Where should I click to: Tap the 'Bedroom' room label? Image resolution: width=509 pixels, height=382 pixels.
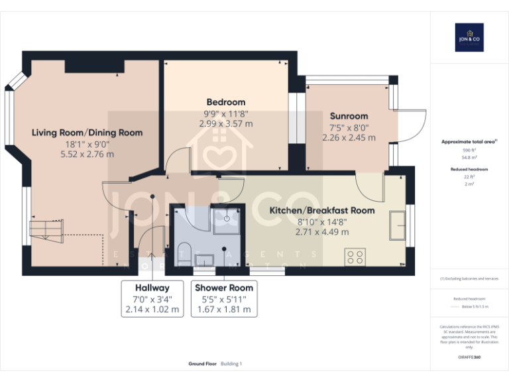[225, 102]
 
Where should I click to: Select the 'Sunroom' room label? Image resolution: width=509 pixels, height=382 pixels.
[349, 116]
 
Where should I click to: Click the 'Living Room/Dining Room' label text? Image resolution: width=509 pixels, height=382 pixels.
[87, 133]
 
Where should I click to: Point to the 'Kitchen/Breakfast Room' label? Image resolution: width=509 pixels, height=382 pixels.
[321, 210]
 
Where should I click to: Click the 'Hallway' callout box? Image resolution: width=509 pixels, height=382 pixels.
[152, 298]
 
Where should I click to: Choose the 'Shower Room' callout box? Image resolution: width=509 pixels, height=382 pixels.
[223, 298]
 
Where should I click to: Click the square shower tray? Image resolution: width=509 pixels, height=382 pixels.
[227, 218]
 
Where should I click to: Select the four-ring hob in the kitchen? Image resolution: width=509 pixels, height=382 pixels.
[355, 256]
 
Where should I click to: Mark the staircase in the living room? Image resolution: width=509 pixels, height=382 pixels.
[47, 229]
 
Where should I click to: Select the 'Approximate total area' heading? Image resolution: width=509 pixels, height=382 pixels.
[468, 142]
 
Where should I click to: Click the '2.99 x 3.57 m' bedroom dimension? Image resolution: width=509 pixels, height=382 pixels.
[225, 123]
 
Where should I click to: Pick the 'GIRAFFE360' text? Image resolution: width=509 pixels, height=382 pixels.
[469, 357]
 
